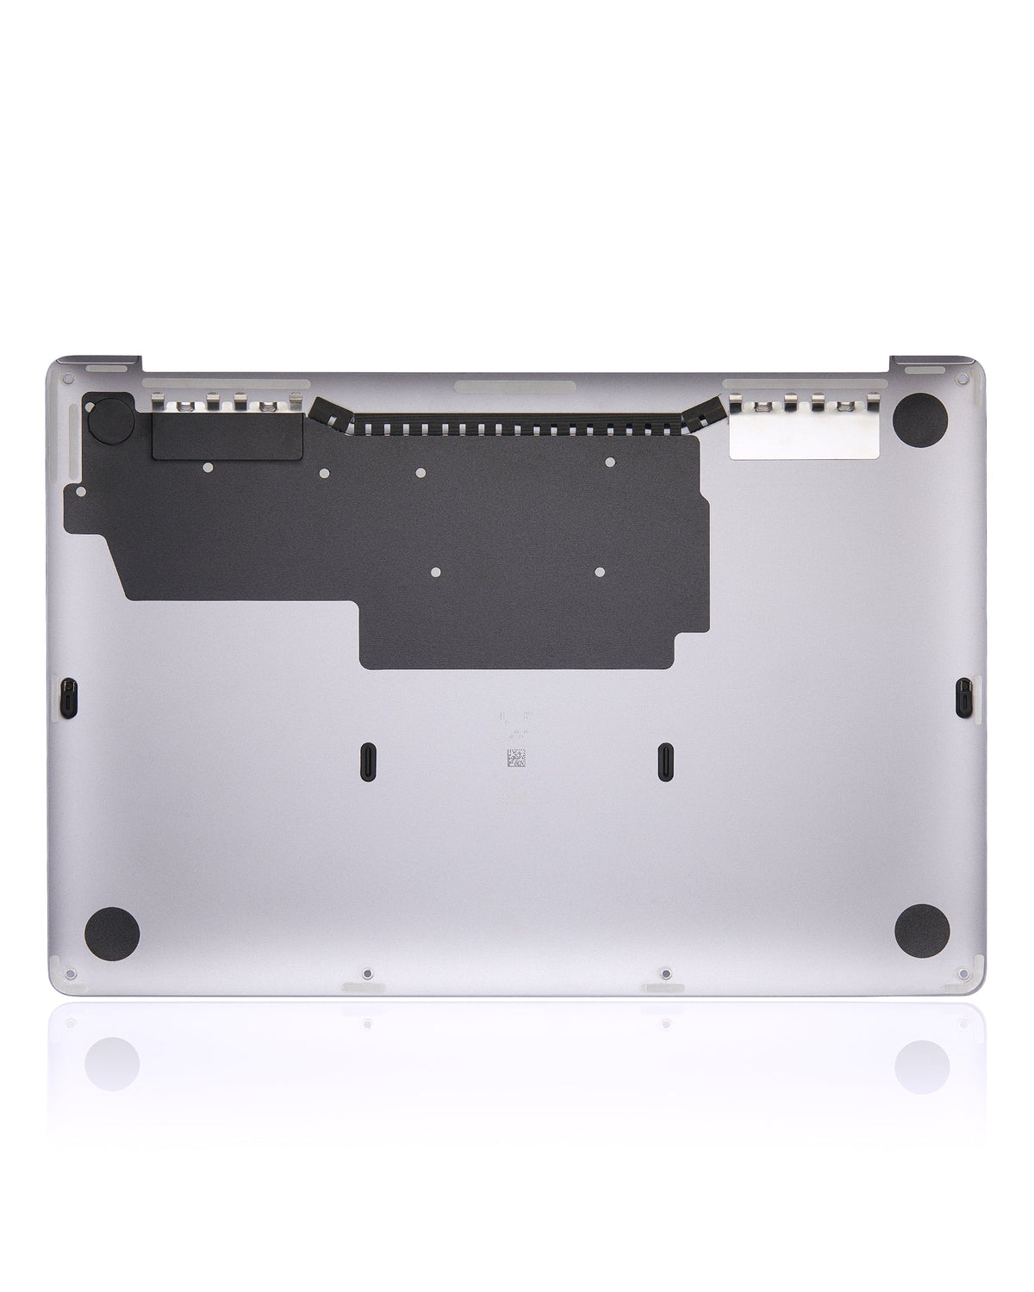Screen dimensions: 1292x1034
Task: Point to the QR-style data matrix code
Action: tap(515, 758)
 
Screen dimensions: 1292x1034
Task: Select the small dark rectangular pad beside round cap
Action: tap(227, 434)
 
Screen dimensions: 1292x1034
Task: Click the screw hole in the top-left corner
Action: tap(65, 376)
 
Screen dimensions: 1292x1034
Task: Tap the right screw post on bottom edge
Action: tap(664, 974)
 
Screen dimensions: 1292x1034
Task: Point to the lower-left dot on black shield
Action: tap(436, 571)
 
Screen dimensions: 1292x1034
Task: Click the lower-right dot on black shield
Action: tap(598, 571)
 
